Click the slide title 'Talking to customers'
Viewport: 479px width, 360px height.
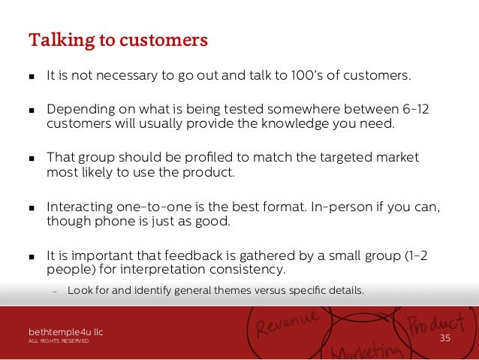pos(118,39)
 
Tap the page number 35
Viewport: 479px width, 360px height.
pos(444,338)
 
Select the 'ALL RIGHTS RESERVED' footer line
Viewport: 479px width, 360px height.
pos(59,341)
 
